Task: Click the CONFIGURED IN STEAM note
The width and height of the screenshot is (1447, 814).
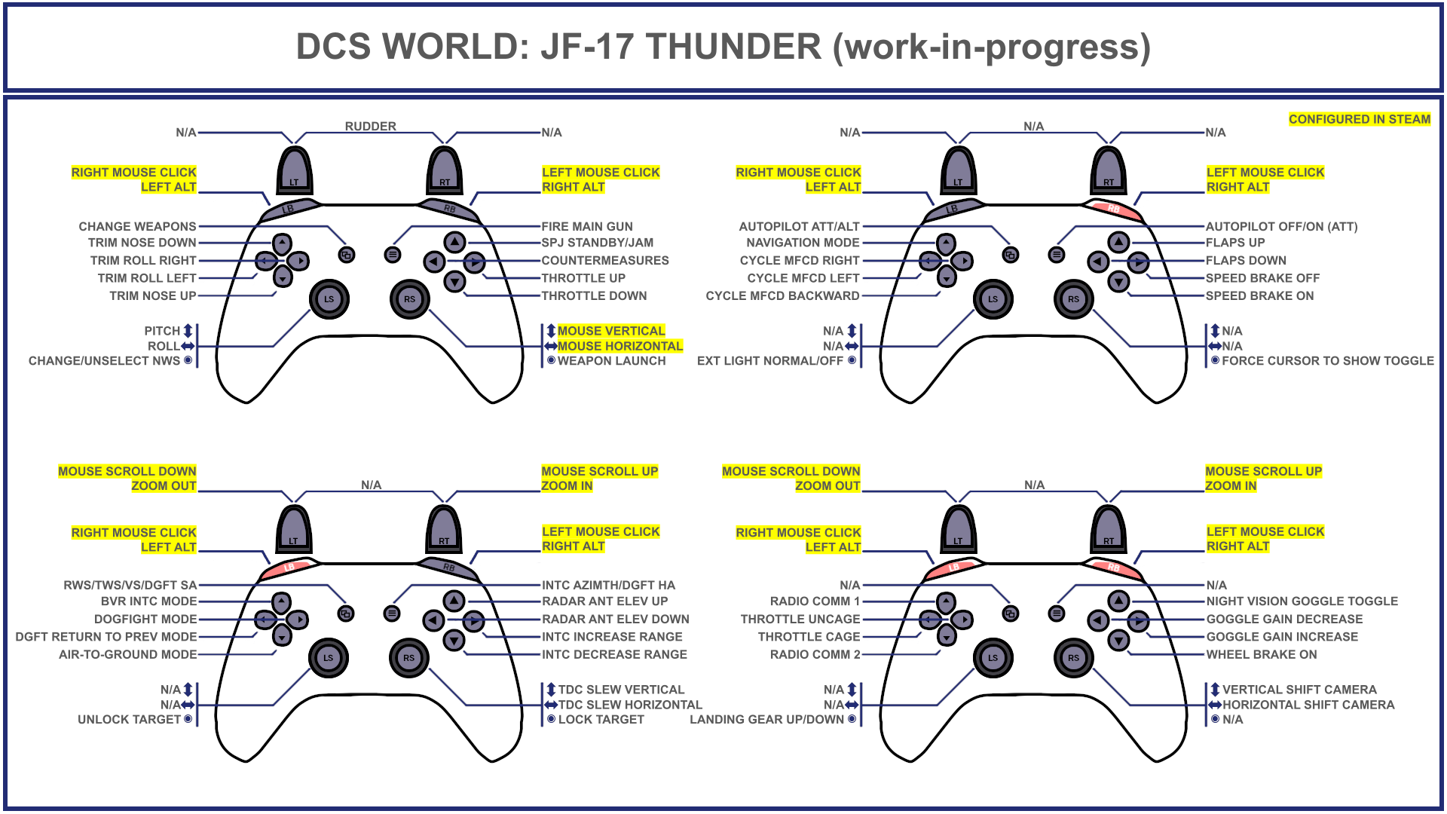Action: pyautogui.click(x=1359, y=119)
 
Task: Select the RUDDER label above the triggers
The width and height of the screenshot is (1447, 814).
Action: pyautogui.click(x=370, y=127)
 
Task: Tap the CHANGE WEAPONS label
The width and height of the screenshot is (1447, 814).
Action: pyautogui.click(x=137, y=226)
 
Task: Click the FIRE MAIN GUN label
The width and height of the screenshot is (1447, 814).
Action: pyautogui.click(x=587, y=226)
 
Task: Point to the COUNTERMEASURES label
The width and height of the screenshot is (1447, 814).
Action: pyautogui.click(x=605, y=260)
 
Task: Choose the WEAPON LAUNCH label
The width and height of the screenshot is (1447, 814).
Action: pyautogui.click(x=611, y=361)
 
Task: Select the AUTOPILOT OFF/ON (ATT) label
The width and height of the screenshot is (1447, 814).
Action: pyautogui.click(x=1281, y=226)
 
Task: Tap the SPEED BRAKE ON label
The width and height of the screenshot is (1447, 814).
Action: pyautogui.click(x=1259, y=295)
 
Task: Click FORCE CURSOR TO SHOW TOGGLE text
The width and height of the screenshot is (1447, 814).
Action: pyautogui.click(x=1327, y=361)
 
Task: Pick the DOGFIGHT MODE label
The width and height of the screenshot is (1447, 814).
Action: pyautogui.click(x=145, y=619)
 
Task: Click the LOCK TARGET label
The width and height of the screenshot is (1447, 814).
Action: pyautogui.click(x=601, y=720)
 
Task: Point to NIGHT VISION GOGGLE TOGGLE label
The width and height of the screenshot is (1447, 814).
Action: pyautogui.click(x=1302, y=601)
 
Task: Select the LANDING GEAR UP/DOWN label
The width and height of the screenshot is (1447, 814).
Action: pyautogui.click(x=766, y=720)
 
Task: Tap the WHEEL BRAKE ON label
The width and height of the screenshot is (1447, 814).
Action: pyautogui.click(x=1261, y=654)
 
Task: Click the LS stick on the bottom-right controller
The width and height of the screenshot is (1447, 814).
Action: pyautogui.click(x=993, y=657)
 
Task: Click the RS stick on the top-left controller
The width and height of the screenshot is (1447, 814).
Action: pyautogui.click(x=409, y=298)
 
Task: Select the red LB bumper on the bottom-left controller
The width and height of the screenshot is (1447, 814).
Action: pyautogui.click(x=289, y=567)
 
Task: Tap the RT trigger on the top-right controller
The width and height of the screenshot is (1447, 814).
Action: pyautogui.click(x=1109, y=172)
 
